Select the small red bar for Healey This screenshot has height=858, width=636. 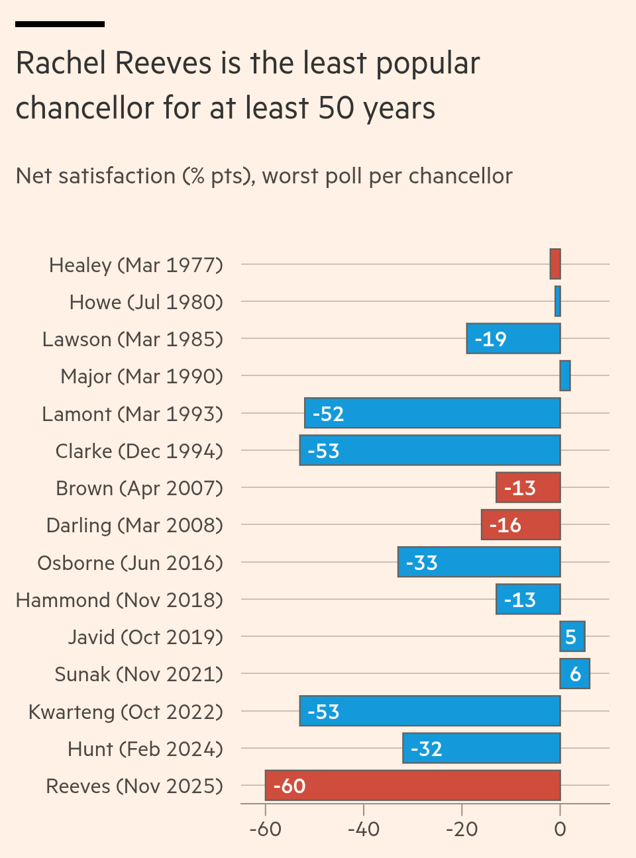click(x=555, y=264)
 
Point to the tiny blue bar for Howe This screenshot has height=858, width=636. click(x=558, y=301)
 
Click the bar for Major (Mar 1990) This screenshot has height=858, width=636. click(x=565, y=376)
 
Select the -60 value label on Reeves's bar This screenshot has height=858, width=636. click(x=290, y=786)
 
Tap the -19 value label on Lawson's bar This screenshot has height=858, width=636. click(x=490, y=339)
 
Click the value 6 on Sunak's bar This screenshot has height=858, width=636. click(x=575, y=674)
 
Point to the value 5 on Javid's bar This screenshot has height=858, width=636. click(x=571, y=637)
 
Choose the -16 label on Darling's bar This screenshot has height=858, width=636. click(x=505, y=525)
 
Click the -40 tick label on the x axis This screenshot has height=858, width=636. click(x=363, y=830)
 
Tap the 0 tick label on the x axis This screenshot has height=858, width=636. click(x=560, y=830)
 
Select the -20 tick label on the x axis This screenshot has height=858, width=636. click(x=462, y=830)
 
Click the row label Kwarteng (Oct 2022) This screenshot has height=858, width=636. click(x=126, y=712)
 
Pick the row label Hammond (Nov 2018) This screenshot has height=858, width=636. click(x=119, y=600)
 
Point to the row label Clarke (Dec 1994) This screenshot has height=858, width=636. click(x=139, y=451)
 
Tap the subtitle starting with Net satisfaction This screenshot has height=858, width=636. click(x=264, y=176)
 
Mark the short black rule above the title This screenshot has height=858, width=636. click(x=60, y=24)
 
